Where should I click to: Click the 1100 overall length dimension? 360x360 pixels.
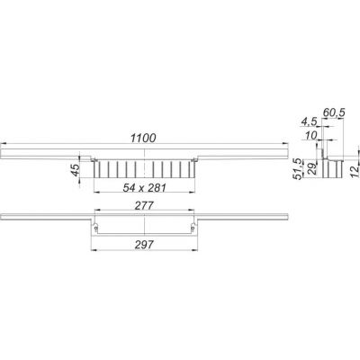pyautogui.click(x=143, y=138)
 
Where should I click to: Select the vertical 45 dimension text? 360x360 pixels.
pyautogui.click(x=76, y=170)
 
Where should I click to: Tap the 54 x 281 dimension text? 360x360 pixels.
pyautogui.click(x=144, y=188)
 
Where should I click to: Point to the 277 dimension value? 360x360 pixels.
pyautogui.click(x=144, y=206)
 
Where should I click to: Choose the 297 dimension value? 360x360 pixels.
pyautogui.click(x=144, y=245)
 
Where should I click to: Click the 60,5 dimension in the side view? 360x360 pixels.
pyautogui.click(x=334, y=112)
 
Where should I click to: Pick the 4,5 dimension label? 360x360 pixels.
pyautogui.click(x=309, y=122)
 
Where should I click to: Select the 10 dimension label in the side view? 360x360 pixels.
pyautogui.click(x=310, y=136)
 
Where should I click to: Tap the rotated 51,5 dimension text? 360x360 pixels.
pyautogui.click(x=299, y=169)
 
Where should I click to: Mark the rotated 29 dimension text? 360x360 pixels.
pyautogui.click(x=311, y=169)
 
